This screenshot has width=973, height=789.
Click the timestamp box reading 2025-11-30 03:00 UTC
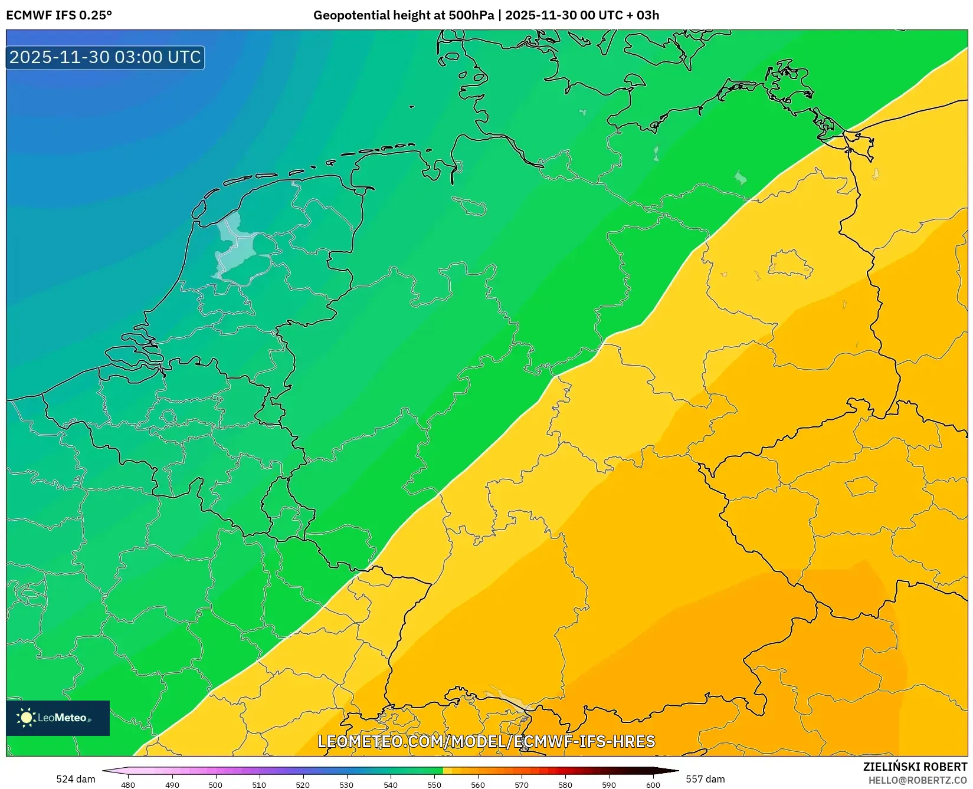click(105, 57)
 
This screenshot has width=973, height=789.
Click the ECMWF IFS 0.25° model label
click(58, 15)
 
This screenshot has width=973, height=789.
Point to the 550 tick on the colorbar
click(434, 784)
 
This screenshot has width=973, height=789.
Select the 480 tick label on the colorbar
click(128, 784)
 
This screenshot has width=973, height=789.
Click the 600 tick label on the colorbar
click(653, 784)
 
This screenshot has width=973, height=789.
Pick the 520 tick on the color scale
click(303, 784)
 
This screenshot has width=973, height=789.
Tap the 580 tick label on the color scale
click(565, 784)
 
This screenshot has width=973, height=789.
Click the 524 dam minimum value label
click(76, 779)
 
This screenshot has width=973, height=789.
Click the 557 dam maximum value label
click(705, 779)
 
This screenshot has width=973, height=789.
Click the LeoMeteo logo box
click(58, 718)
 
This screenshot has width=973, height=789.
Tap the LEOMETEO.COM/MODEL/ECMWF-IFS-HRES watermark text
click(486, 741)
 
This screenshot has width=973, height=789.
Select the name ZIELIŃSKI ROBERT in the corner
click(915, 767)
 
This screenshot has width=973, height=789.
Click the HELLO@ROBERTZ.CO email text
click(917, 780)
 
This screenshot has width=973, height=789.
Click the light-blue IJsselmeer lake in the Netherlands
click(235, 245)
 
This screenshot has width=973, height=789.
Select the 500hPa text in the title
click(471, 15)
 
